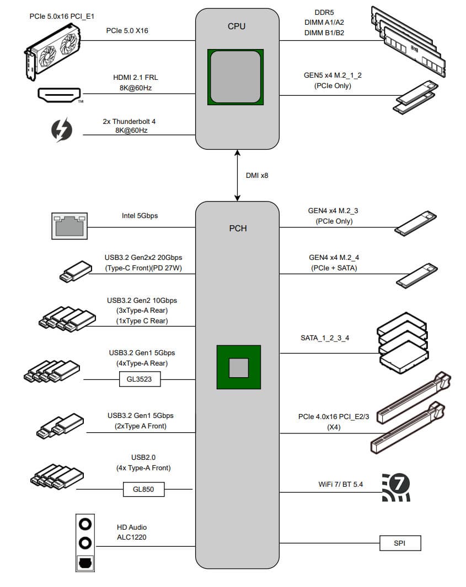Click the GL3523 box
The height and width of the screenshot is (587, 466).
coord(140,379)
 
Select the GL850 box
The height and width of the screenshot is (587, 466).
coord(143,488)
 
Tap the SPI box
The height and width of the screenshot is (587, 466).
coord(400,543)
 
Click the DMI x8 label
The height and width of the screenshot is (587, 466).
coord(257,175)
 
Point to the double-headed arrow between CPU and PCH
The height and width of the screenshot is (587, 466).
coord(238,175)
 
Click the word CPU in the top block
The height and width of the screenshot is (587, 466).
coord(237,26)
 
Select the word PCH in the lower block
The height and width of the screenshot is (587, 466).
coord(238,228)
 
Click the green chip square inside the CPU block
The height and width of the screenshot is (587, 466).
coord(235,77)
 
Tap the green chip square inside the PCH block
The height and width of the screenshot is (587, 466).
coord(238,367)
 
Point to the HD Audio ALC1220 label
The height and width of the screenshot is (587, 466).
coord(132,532)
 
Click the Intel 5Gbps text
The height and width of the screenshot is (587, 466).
coord(140,215)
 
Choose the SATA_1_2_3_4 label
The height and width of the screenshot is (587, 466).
coord(325,338)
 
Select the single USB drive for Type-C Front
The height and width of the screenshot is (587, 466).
coord(74,271)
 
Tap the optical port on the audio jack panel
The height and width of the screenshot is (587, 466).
coord(85,563)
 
